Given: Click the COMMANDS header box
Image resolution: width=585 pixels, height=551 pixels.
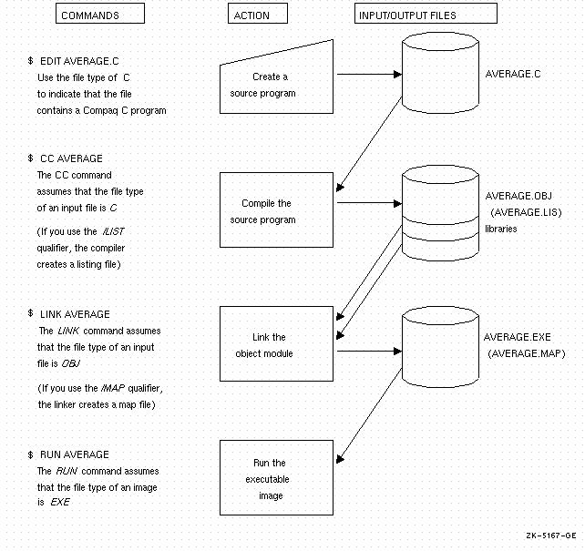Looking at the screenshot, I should pyautogui.click(x=100, y=15).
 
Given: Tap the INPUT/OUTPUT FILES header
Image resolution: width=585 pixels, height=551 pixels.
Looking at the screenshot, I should pyautogui.click(x=425, y=15).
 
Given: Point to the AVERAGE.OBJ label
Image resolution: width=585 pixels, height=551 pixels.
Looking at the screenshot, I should pyautogui.click(x=519, y=196).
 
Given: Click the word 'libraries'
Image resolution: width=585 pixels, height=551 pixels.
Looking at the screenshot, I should pyautogui.click(x=500, y=229).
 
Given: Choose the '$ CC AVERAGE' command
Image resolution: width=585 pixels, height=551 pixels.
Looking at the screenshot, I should pyautogui.click(x=69, y=158).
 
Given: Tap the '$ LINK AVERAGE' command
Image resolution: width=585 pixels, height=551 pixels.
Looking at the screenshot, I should pyautogui.click(x=74, y=314).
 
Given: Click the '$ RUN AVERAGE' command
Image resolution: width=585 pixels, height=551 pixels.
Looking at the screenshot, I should pyautogui.click(x=72, y=454).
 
